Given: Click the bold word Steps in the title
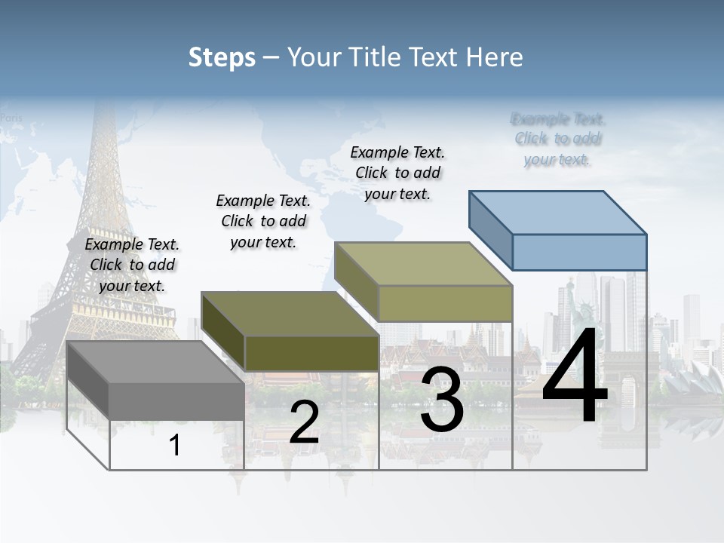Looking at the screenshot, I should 222,57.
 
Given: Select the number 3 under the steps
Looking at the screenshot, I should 442,400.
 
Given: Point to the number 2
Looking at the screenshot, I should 304,422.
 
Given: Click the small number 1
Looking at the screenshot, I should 175,445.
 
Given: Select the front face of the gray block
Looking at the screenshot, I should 176,400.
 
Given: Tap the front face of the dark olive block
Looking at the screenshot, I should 311,352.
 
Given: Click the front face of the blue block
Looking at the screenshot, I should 579,252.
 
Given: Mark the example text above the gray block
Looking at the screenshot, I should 132,265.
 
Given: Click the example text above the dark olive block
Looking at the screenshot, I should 263,221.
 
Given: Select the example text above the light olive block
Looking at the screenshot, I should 397,173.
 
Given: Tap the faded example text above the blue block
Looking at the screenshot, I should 558,139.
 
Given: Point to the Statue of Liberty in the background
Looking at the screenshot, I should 571,302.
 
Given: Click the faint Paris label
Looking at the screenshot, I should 11,118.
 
